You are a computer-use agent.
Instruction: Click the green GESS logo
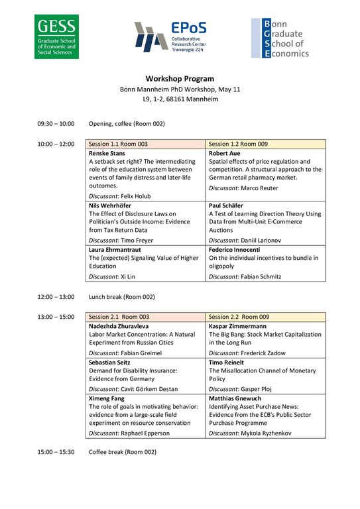[x=58, y=38]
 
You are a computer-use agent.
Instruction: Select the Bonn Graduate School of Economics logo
[x=280, y=38]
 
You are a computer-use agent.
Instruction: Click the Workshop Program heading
[x=180, y=78]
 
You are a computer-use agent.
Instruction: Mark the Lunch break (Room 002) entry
[x=127, y=297]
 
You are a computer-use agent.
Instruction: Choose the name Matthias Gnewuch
[x=237, y=398]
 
